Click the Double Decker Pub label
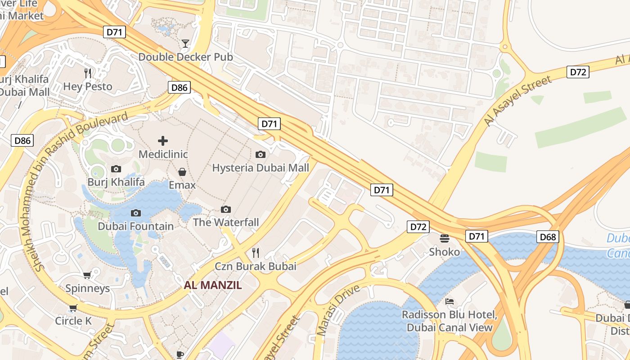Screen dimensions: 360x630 click(x=185, y=57)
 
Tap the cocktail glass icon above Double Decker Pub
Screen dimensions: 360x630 click(x=185, y=44)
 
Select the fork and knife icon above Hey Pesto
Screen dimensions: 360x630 click(x=88, y=73)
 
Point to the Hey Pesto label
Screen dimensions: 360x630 click(x=88, y=86)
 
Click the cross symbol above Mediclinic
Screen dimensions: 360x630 click(x=163, y=141)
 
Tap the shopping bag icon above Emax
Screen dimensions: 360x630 click(x=182, y=172)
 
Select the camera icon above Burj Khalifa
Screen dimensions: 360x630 click(x=116, y=169)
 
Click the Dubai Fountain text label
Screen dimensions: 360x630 click(x=135, y=226)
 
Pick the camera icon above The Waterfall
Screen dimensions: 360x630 click(x=226, y=209)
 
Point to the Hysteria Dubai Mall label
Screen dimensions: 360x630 click(x=260, y=168)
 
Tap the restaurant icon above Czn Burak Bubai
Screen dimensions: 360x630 click(x=256, y=253)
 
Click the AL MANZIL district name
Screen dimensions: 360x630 click(x=213, y=285)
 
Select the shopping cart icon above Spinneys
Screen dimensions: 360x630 click(x=87, y=275)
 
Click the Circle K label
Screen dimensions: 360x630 click(x=73, y=321)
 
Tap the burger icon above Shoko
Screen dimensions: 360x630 click(x=445, y=238)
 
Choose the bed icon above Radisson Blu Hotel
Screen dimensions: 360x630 click(x=449, y=301)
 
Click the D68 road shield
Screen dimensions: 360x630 click(x=548, y=236)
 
